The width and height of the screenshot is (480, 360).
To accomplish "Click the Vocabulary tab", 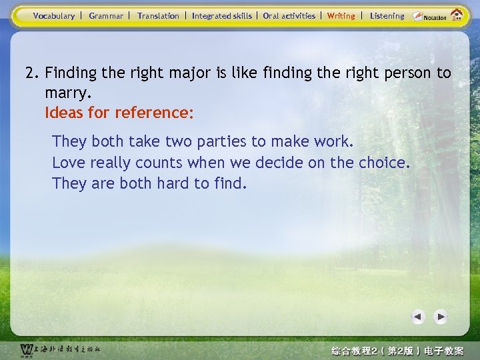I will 54,16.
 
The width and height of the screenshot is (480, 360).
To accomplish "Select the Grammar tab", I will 106,16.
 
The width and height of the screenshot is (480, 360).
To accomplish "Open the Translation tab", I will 158,16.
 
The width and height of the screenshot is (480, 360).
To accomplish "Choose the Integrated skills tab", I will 222,16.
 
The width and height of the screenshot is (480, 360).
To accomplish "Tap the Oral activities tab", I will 289,16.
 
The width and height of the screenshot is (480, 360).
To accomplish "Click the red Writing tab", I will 341,16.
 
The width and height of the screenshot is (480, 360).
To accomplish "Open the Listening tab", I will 387,16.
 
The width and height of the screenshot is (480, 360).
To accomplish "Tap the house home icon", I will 457,15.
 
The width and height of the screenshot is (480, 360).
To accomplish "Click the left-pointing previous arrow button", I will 418,317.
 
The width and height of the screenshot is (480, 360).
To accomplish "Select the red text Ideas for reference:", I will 119,113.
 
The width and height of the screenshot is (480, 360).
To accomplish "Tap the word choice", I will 383,163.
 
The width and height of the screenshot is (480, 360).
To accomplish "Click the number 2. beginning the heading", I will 33,73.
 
